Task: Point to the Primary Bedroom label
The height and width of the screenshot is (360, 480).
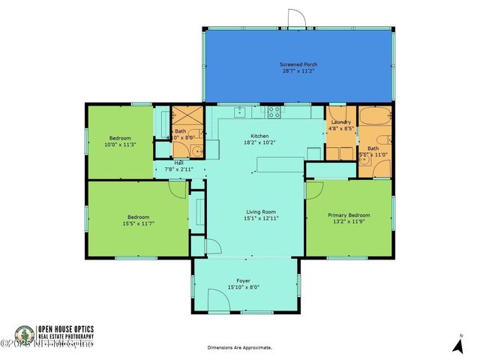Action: click(349, 215)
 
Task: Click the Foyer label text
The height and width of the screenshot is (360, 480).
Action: click(247, 280)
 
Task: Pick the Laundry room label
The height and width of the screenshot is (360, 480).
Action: click(340, 123)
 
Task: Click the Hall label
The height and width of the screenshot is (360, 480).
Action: click(178, 163)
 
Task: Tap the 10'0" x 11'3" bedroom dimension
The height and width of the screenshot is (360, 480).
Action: click(121, 145)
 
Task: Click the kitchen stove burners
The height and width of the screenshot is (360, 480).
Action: click(274, 113)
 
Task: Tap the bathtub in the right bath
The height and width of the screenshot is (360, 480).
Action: click(373, 118)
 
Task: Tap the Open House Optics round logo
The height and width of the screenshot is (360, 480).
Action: click(25, 334)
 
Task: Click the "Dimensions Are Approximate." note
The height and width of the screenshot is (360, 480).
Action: click(240, 348)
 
